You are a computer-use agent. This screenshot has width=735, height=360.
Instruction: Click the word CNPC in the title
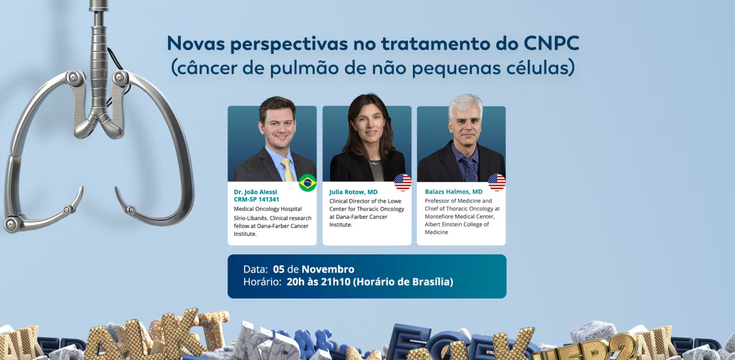[551, 44]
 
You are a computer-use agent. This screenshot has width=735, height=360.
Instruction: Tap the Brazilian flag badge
[308, 183]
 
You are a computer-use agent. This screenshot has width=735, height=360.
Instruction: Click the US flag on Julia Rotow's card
[403, 182]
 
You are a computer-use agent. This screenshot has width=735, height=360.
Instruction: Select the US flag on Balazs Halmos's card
[497, 182]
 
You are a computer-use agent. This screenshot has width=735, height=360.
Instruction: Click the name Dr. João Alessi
[255, 192]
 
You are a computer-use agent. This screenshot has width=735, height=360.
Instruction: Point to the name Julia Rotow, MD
[353, 192]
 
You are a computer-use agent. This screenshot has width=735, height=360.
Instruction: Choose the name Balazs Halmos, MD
[454, 192]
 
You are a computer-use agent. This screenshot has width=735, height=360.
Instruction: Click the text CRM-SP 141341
[256, 199]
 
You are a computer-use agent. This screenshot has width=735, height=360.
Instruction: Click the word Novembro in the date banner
[328, 269]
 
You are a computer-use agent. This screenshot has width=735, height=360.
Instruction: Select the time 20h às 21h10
[318, 282]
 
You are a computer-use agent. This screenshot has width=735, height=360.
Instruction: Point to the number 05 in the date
[279, 269]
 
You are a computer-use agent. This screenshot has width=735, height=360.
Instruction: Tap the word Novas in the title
[196, 44]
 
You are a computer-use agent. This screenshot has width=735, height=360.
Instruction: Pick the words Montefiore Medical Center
[459, 217]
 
